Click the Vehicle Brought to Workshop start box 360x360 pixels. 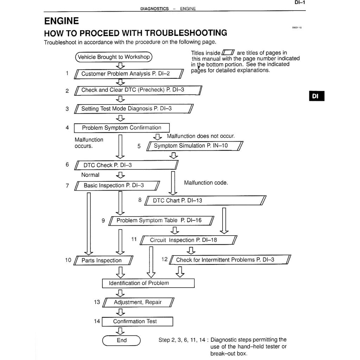114,57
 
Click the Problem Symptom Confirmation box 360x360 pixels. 122,128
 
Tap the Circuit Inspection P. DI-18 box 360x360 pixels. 188,240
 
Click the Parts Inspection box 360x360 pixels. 103,261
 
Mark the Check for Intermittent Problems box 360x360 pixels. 230,260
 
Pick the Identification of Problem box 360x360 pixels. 148,283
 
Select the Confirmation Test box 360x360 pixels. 137,321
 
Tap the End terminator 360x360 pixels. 121,340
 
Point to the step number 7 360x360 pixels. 67,186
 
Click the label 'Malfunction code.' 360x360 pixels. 206,183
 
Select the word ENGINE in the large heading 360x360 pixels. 62,21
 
